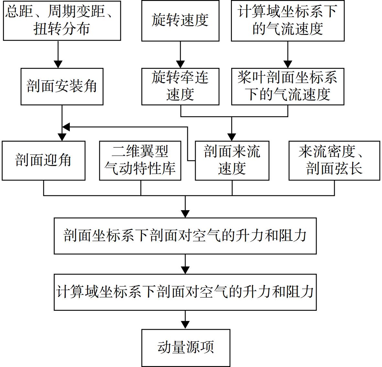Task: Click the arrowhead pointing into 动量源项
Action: (185, 325)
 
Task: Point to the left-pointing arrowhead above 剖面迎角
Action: (66, 127)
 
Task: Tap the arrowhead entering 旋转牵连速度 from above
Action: (180, 64)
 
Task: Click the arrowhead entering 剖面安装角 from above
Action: (58, 64)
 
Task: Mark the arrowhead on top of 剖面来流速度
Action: (232, 137)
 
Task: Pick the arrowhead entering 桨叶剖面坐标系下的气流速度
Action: (288, 64)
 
